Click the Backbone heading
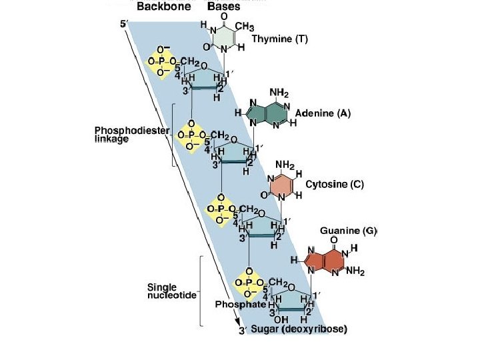164,7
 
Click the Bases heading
224,7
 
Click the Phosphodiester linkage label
122,135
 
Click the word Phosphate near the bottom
237,304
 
